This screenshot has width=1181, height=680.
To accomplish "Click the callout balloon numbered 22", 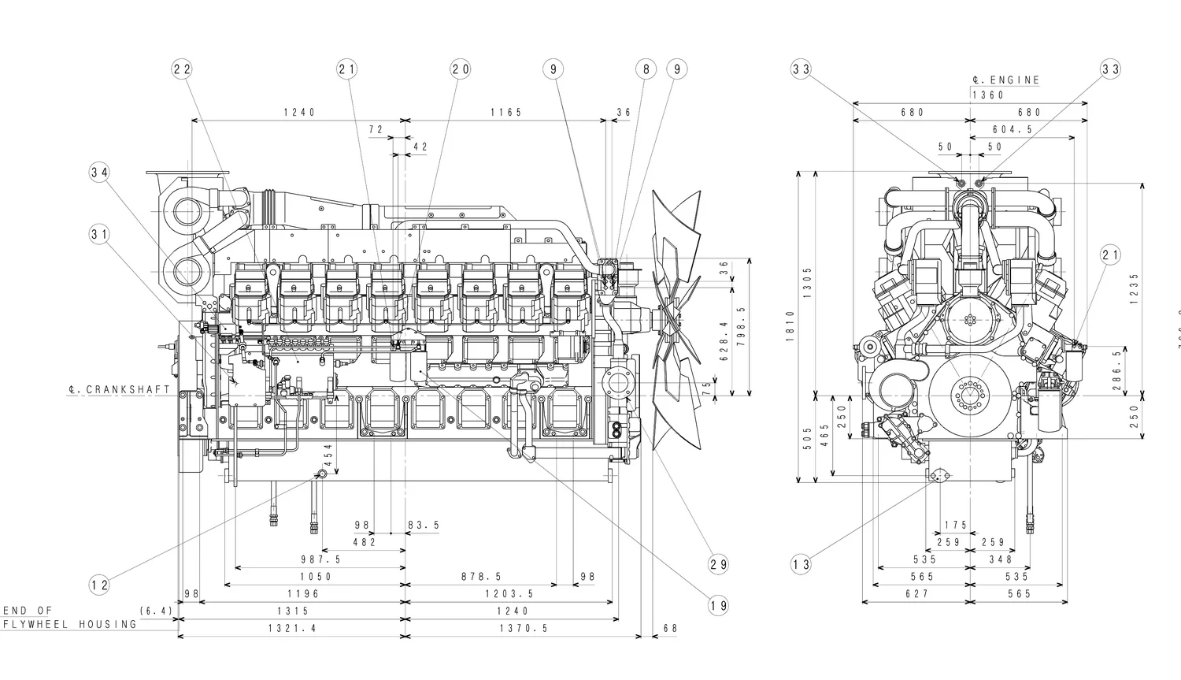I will pos(182,69).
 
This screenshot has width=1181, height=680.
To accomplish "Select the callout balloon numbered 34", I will pos(99,173).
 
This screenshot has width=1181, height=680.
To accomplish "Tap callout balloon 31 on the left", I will pos(99,234).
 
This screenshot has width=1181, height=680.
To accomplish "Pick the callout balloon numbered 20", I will pos(461,69).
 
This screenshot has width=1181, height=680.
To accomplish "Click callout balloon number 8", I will pos(646,69).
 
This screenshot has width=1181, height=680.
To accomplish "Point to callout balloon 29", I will pos(718,564).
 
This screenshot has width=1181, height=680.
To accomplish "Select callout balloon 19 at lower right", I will pos(718,605).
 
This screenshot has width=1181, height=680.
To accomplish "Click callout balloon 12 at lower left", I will pos(99,585).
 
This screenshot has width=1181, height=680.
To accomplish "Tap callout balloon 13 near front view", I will pos(801,564).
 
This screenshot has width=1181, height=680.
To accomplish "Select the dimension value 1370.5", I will pos(524,628).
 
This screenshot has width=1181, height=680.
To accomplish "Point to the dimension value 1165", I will pos(506,113).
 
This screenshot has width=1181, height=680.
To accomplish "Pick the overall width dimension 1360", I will pos(988,95).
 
